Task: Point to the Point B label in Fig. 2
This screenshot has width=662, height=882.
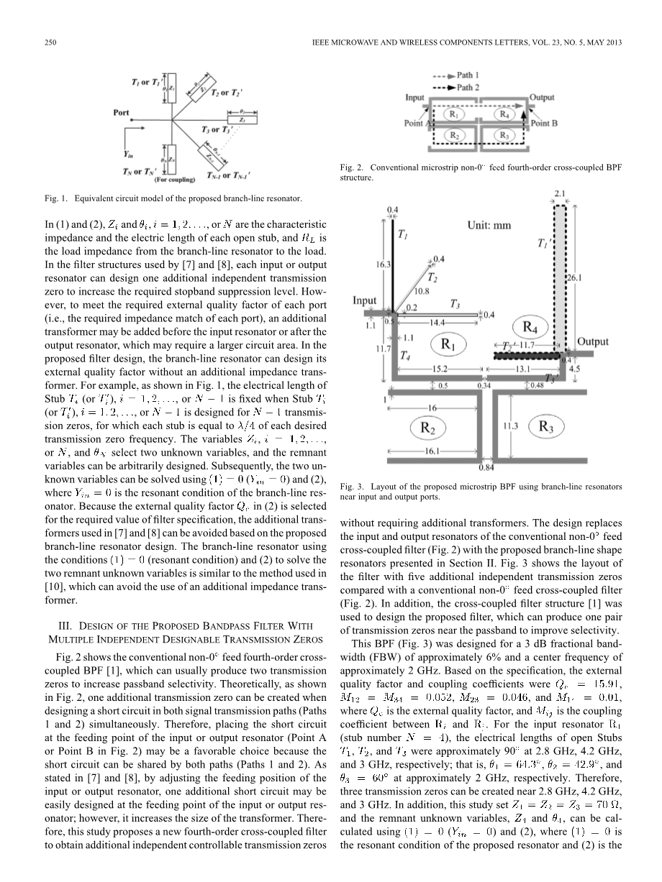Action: coord(544,123)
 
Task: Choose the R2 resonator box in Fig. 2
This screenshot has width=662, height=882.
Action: coord(455,134)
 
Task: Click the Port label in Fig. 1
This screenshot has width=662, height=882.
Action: coord(121,112)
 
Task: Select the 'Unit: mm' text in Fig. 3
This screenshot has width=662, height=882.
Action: coord(489,225)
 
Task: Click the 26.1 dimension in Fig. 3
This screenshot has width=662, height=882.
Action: coord(576,276)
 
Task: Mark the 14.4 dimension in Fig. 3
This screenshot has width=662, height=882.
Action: coord(437,323)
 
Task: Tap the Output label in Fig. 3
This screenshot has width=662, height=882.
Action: coord(593,342)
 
